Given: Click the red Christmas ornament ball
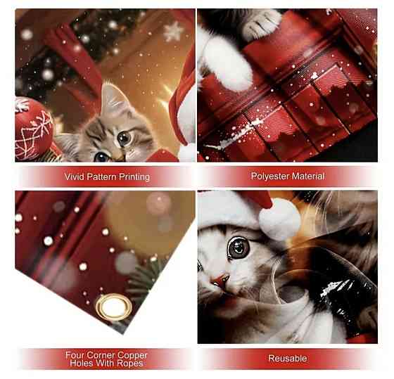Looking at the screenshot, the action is click(34, 129).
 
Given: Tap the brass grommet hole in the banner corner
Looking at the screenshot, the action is click(114, 307).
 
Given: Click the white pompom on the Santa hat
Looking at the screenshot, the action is click(279, 219).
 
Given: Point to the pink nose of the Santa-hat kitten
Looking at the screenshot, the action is click(220, 280).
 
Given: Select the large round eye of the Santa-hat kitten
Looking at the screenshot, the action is click(239, 247).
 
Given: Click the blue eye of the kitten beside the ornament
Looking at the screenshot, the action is click(101, 157).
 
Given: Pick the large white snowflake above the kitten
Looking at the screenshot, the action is click(173, 31).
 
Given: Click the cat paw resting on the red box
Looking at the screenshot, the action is click(262, 24).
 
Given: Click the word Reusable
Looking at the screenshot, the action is click(288, 358).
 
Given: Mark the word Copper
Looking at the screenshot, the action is click(132, 356).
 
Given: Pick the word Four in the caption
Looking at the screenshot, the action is click(75, 355).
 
